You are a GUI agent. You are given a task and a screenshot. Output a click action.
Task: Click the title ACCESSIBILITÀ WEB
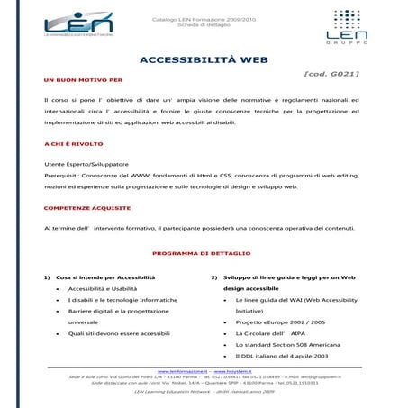pos(204,60)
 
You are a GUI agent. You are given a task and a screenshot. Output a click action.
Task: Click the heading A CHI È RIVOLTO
pos(73,144)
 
